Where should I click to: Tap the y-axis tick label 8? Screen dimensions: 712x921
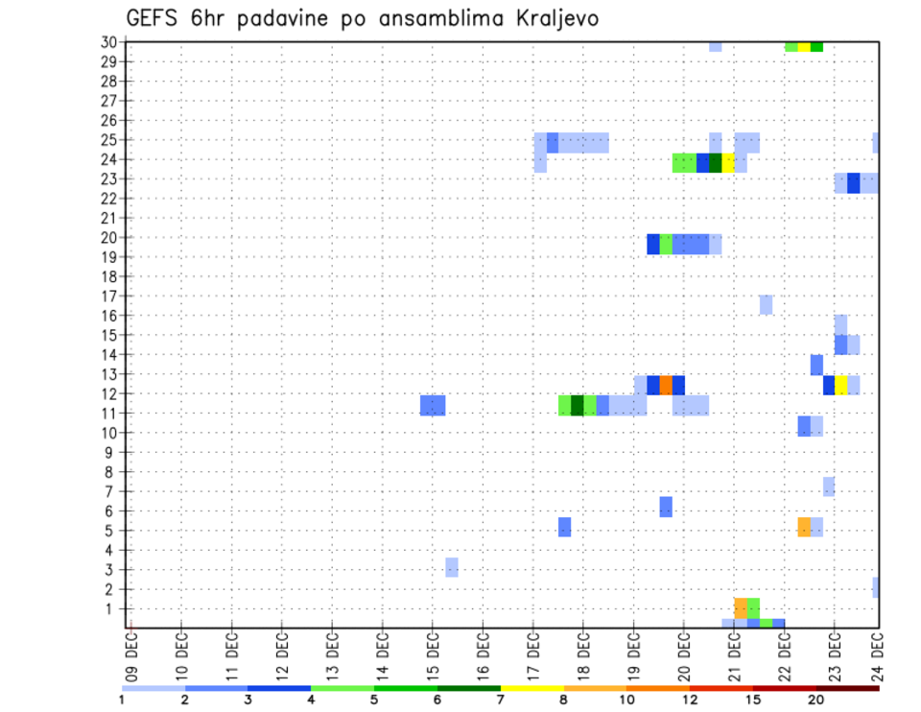(x=111, y=472)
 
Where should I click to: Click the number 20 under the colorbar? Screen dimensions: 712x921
(x=815, y=700)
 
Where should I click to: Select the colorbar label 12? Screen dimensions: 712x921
(x=690, y=700)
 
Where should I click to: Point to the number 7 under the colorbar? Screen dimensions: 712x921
(x=500, y=700)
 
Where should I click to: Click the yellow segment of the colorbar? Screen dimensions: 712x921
(x=531, y=688)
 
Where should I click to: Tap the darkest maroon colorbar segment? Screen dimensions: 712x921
(x=847, y=688)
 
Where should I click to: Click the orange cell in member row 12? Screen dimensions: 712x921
(x=666, y=385)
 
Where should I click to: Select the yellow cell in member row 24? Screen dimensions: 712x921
(x=728, y=163)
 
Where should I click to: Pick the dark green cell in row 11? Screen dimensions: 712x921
(x=578, y=405)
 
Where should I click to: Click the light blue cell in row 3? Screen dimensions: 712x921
(x=452, y=567)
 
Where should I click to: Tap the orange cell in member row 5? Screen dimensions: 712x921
(x=804, y=527)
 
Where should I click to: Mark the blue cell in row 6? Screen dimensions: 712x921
(x=666, y=507)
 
